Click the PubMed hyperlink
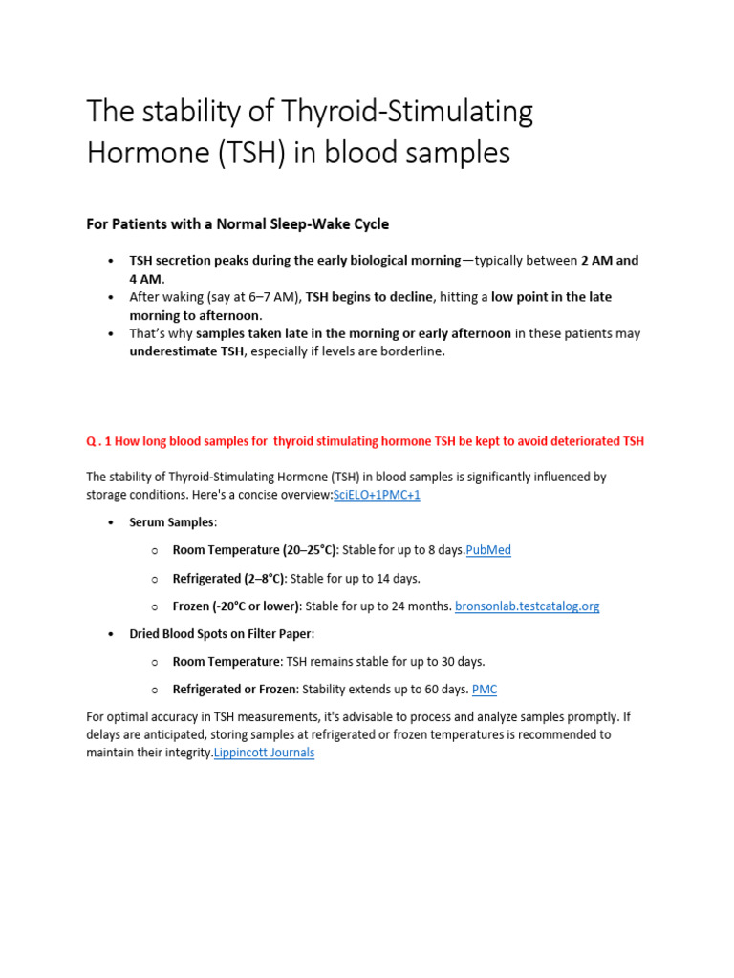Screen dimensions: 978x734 [x=487, y=550]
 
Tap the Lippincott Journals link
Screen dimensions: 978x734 [x=264, y=753]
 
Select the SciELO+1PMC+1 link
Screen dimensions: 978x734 [x=377, y=495]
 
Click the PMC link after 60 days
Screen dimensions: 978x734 [x=485, y=689]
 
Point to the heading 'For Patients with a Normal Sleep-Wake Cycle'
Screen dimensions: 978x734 [x=238, y=224]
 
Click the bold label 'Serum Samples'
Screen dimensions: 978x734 [x=172, y=522]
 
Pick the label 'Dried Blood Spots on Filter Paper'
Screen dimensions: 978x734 [x=221, y=633]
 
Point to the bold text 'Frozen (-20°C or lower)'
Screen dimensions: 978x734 [x=236, y=606]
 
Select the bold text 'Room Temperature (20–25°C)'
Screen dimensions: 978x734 [x=254, y=550]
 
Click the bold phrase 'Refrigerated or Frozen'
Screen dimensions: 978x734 [x=234, y=689]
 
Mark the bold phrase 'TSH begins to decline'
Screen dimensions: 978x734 [x=365, y=297]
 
